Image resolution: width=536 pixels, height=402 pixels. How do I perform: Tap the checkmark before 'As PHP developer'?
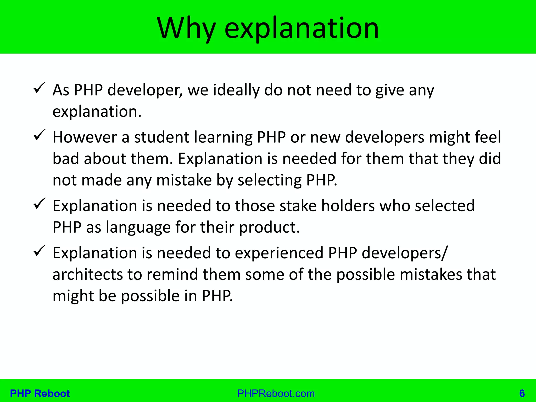tap(40, 88)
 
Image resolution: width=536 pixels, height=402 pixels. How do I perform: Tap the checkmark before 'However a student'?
tap(40, 135)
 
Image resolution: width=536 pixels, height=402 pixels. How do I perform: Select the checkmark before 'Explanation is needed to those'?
tap(40, 204)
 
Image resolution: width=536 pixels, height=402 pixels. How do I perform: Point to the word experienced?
tap(279, 253)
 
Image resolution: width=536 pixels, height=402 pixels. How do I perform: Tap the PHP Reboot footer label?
tap(40, 394)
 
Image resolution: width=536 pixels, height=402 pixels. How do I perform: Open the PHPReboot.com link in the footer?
tap(276, 394)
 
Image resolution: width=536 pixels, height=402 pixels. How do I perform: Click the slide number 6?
tap(522, 394)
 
